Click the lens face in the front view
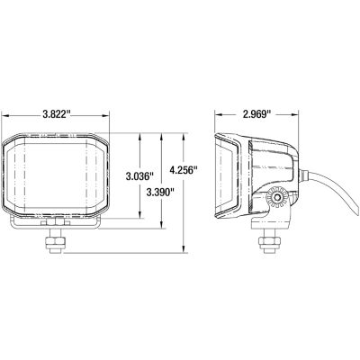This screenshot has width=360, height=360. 56,175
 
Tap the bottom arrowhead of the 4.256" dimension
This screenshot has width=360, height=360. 184,251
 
